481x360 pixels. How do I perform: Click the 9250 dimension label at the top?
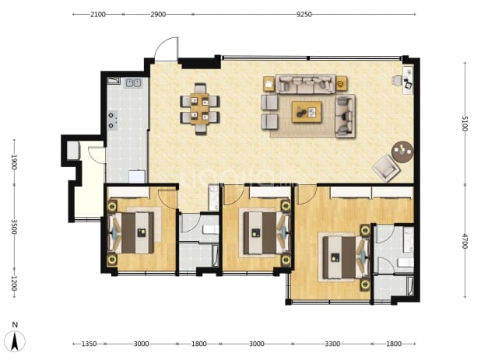point(304,15)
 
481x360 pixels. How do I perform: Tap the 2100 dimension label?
point(98,15)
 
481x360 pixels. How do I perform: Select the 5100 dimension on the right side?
point(465,123)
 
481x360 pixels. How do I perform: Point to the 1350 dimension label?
point(89,344)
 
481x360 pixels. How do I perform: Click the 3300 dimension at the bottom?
point(332,344)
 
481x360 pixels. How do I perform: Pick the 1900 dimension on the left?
point(14,162)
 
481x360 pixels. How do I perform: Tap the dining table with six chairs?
point(200,109)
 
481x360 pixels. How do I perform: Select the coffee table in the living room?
point(307,112)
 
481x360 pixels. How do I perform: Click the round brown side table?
point(402,152)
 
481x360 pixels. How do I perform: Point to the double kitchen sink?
point(133,82)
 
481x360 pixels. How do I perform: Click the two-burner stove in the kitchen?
point(112,120)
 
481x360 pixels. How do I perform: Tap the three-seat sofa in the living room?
point(305,83)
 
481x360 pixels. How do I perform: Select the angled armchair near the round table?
point(386,168)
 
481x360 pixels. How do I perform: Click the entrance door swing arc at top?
point(166,48)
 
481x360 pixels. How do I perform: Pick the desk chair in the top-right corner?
point(397,81)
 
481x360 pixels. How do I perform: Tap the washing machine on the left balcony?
point(74,150)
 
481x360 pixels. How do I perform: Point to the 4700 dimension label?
point(465,241)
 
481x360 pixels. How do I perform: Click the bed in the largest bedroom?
point(346,257)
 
